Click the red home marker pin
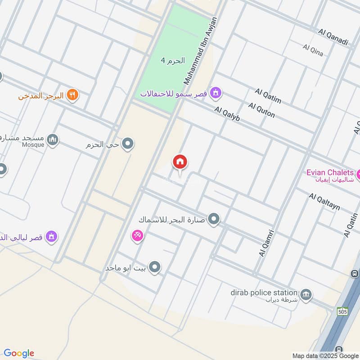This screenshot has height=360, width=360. click(180, 162)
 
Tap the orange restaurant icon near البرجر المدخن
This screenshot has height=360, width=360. click(72, 95)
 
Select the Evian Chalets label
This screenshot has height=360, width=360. click(330, 173)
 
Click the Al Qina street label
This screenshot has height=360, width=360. click(313, 50)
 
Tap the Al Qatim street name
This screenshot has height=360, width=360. click(268, 96)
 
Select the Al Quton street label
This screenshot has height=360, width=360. click(261, 110)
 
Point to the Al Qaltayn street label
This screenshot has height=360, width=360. click(324, 202)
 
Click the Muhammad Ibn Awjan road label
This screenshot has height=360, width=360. click(200, 50)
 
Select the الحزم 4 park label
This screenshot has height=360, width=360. click(173, 60)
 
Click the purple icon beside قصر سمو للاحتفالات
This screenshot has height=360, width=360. click(216, 93)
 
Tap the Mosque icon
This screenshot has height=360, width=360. click(53, 140)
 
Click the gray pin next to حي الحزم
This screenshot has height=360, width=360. click(128, 144)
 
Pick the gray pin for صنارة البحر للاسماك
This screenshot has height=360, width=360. click(214, 220)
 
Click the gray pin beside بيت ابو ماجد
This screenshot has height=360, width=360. click(155, 268)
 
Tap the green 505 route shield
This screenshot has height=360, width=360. click(342, 311)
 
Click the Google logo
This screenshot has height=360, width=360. click(19, 353)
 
